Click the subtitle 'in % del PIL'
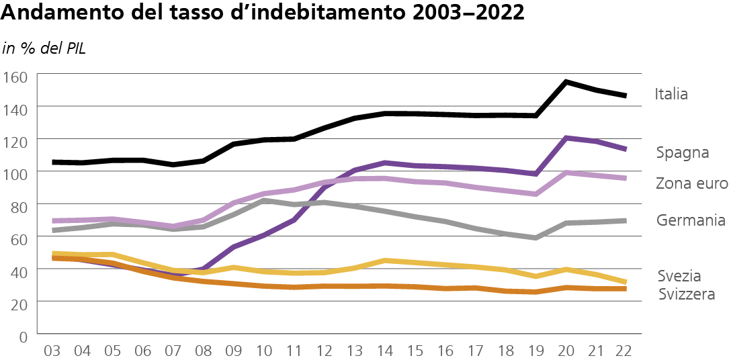[x=44, y=48]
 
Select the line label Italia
[x=671, y=94]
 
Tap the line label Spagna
[x=683, y=152]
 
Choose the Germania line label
[x=691, y=220]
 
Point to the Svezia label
[x=679, y=276]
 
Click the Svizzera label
[x=686, y=294]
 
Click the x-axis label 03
[x=52, y=351]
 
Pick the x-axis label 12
[x=324, y=351]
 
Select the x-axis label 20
[x=566, y=351]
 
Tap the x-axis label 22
[x=626, y=351]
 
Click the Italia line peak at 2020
[x=566, y=82]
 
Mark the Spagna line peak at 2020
[x=566, y=138]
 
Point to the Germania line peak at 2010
[x=264, y=200]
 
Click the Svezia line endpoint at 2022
[x=626, y=282]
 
